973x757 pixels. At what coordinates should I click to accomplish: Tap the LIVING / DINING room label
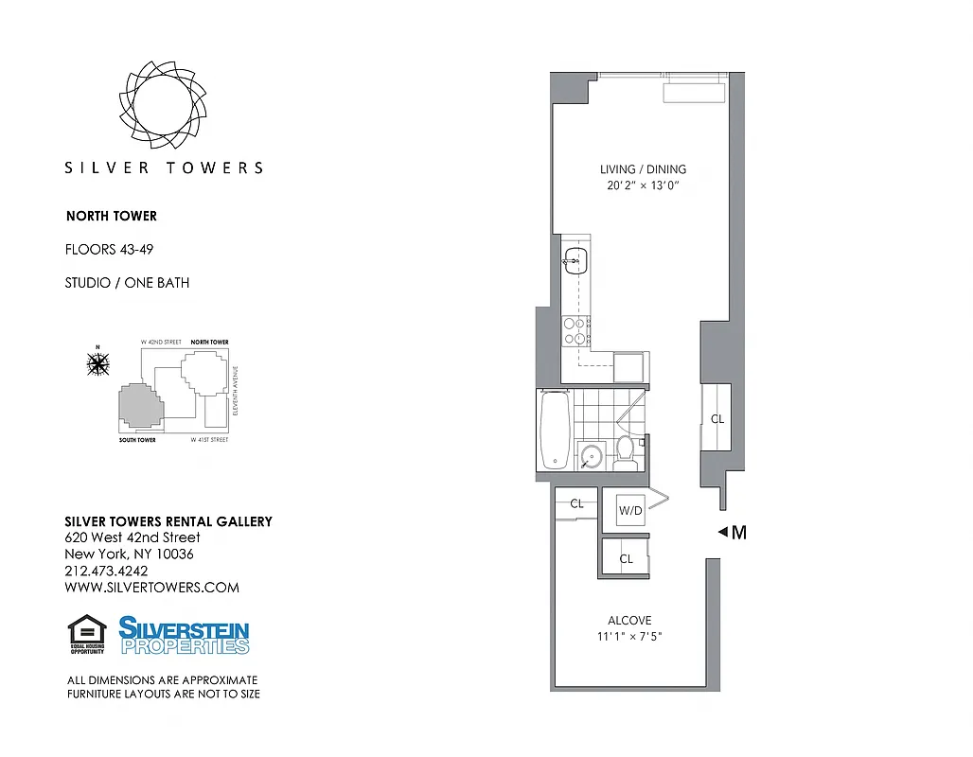pos(643,169)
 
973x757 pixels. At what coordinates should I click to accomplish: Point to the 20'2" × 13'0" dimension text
pos(643,186)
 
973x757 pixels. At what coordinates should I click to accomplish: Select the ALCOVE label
pos(629,621)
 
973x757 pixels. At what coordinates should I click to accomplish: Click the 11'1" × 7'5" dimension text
pos(629,637)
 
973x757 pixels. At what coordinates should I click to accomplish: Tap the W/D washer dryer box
pos(630,511)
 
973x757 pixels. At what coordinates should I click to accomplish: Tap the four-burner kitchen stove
pos(575,329)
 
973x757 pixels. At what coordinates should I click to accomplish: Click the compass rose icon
pos(97,362)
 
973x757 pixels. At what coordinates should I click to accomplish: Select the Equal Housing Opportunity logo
pos(86,634)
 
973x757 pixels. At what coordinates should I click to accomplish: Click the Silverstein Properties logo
pos(184,635)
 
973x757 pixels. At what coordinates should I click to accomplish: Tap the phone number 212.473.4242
pos(106,571)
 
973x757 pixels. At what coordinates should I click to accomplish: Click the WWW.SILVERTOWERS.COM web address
pos(151,588)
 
